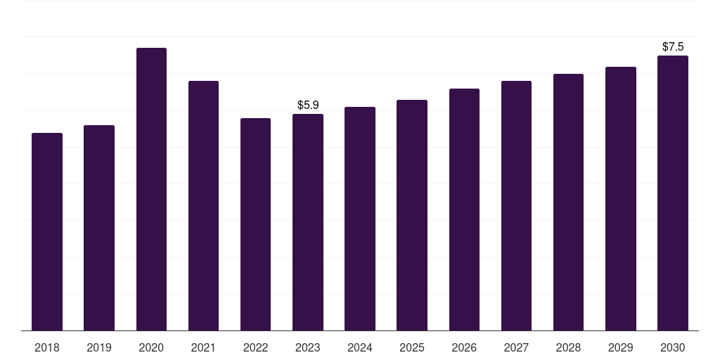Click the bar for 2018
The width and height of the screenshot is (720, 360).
[x=47, y=231]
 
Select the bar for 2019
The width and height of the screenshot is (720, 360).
[x=99, y=228]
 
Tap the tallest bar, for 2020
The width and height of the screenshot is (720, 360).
[x=152, y=189]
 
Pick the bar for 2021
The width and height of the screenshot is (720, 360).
[x=203, y=206]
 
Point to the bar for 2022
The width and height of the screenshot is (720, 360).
[x=255, y=224]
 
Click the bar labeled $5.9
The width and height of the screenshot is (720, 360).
[x=308, y=222]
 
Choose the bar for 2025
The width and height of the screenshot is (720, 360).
[x=412, y=215]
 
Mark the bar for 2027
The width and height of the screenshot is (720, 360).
[x=516, y=206]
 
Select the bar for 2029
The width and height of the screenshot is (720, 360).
[x=621, y=198]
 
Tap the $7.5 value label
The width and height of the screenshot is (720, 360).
[x=673, y=46]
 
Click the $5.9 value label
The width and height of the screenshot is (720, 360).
[x=308, y=105]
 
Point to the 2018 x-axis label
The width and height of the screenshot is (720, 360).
[x=47, y=347]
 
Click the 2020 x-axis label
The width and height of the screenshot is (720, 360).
[x=151, y=347]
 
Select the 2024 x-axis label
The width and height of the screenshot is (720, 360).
[x=359, y=347]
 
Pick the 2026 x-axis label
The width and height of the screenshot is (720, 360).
[x=464, y=347]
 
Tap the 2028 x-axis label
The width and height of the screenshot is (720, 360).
[x=568, y=347]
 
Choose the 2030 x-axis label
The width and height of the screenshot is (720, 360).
[x=673, y=347]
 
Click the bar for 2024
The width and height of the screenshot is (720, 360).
[x=360, y=219]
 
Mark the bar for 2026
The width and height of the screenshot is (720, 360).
[x=464, y=210]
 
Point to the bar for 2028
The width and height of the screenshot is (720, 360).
[x=568, y=202]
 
